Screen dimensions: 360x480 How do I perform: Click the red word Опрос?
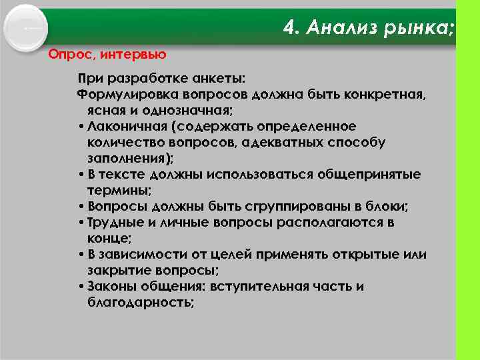(x=69, y=53)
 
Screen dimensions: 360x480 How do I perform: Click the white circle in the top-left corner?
(x=27, y=28)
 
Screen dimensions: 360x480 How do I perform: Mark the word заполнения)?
(x=130, y=159)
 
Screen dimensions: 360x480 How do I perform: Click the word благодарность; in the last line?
(x=141, y=303)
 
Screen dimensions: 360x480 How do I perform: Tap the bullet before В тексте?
(x=80, y=175)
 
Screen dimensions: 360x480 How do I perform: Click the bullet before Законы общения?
(x=80, y=287)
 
